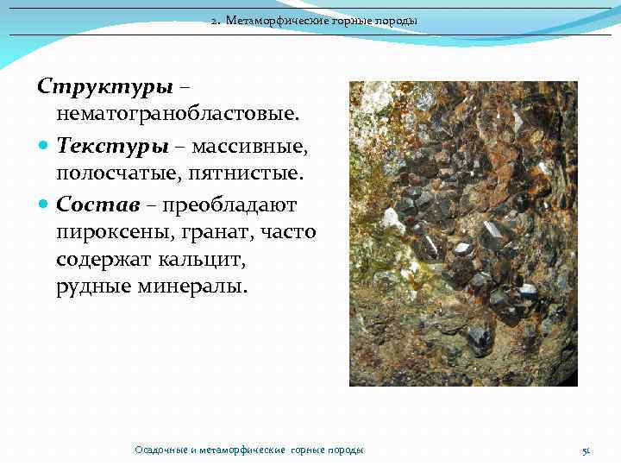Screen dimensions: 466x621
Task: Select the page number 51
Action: (586, 450)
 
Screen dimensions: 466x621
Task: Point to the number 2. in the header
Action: (216, 21)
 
